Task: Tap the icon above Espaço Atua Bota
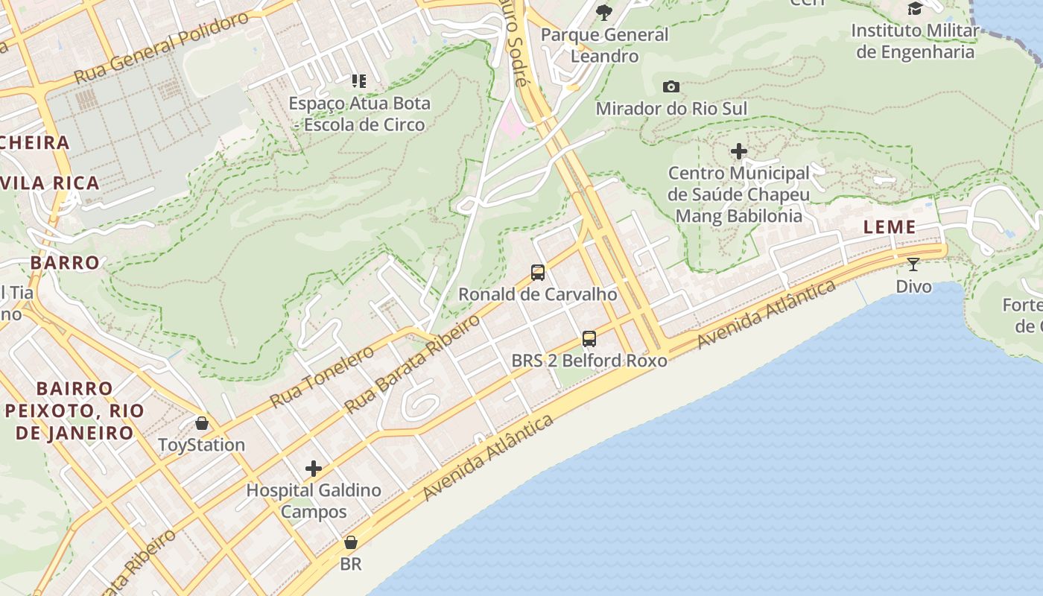pos(359,81)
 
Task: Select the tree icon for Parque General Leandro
pos(604,12)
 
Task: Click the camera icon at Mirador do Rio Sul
pos(671,87)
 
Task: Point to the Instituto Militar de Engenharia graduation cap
pos(915,9)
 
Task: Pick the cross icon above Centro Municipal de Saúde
pos(739,152)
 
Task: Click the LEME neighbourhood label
pos(890,228)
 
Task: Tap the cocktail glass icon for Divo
pos(913,264)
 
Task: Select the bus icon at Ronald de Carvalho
pos(538,273)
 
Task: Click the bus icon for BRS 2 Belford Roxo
pos(589,339)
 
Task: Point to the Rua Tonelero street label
pos(322,376)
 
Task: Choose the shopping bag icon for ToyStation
pos(202,424)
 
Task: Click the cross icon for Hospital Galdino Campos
pos(314,469)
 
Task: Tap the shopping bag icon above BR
pos(351,542)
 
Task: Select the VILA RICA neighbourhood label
pos(51,183)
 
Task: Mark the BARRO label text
pos(65,262)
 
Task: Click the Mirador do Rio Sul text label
pos(670,109)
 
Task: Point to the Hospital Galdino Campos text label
pos(314,501)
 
